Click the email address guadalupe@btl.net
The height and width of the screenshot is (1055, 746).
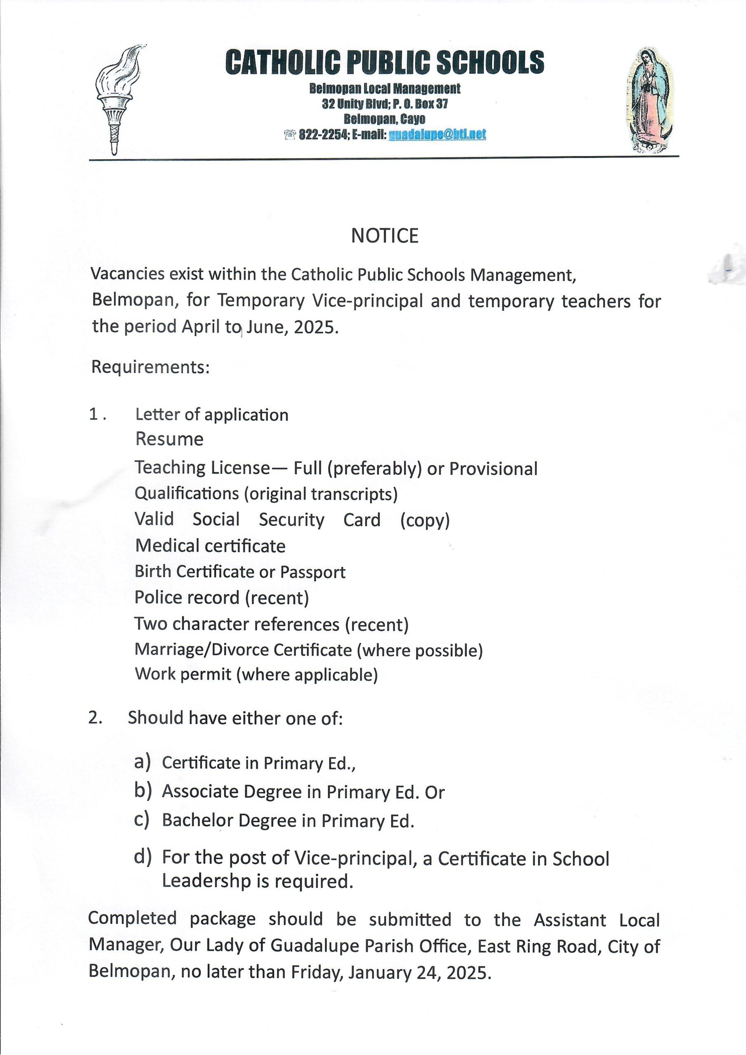(437, 135)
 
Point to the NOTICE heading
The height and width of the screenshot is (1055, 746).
(384, 236)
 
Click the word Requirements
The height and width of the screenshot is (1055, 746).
(150, 367)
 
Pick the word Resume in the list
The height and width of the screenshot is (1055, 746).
(169, 439)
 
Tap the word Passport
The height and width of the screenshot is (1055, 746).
(312, 572)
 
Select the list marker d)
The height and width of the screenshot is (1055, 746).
(143, 856)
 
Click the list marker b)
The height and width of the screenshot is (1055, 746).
(143, 790)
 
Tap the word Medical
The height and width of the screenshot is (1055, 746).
(167, 546)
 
